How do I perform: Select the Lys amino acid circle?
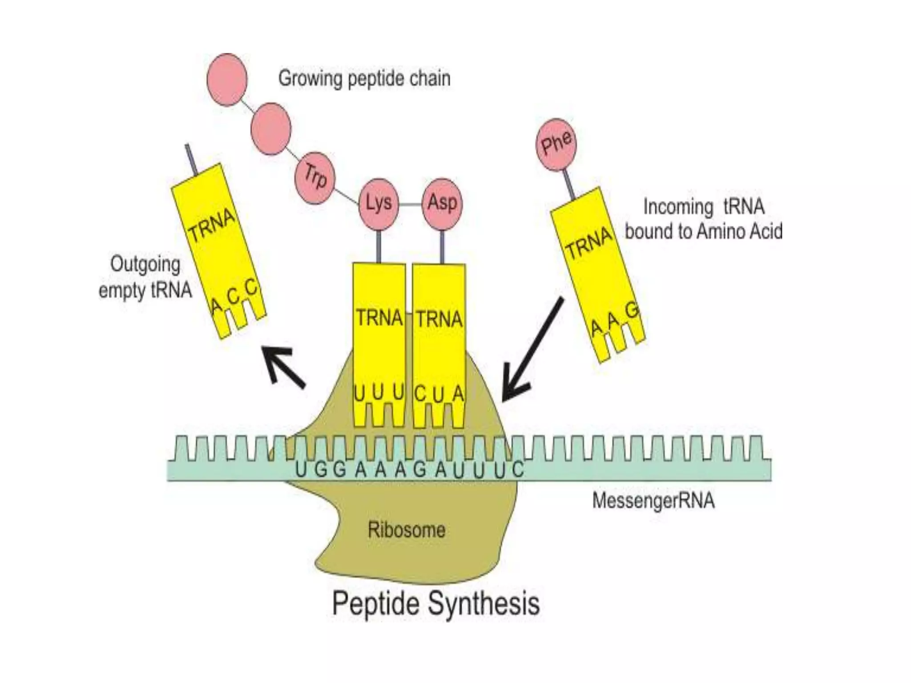pyautogui.click(x=379, y=204)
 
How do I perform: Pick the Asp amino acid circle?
pyautogui.click(x=442, y=204)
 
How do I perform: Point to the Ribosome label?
pyautogui.click(x=406, y=530)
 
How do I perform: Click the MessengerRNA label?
pyautogui.click(x=653, y=501)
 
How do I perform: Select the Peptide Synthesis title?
pyautogui.click(x=435, y=603)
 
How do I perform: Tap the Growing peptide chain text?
pyautogui.click(x=364, y=79)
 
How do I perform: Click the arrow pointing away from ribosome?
pyautogui.click(x=283, y=366)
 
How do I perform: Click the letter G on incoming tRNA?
pyautogui.click(x=632, y=311)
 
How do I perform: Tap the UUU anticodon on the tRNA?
pyautogui.click(x=379, y=393)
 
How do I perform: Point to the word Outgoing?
pyautogui.click(x=145, y=264)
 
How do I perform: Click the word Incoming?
pyautogui.click(x=678, y=207)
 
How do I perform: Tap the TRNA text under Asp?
pyautogui.click(x=439, y=319)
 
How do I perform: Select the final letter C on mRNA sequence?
pyautogui.click(x=517, y=470)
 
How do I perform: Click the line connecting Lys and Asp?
pyautogui.click(x=410, y=205)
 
